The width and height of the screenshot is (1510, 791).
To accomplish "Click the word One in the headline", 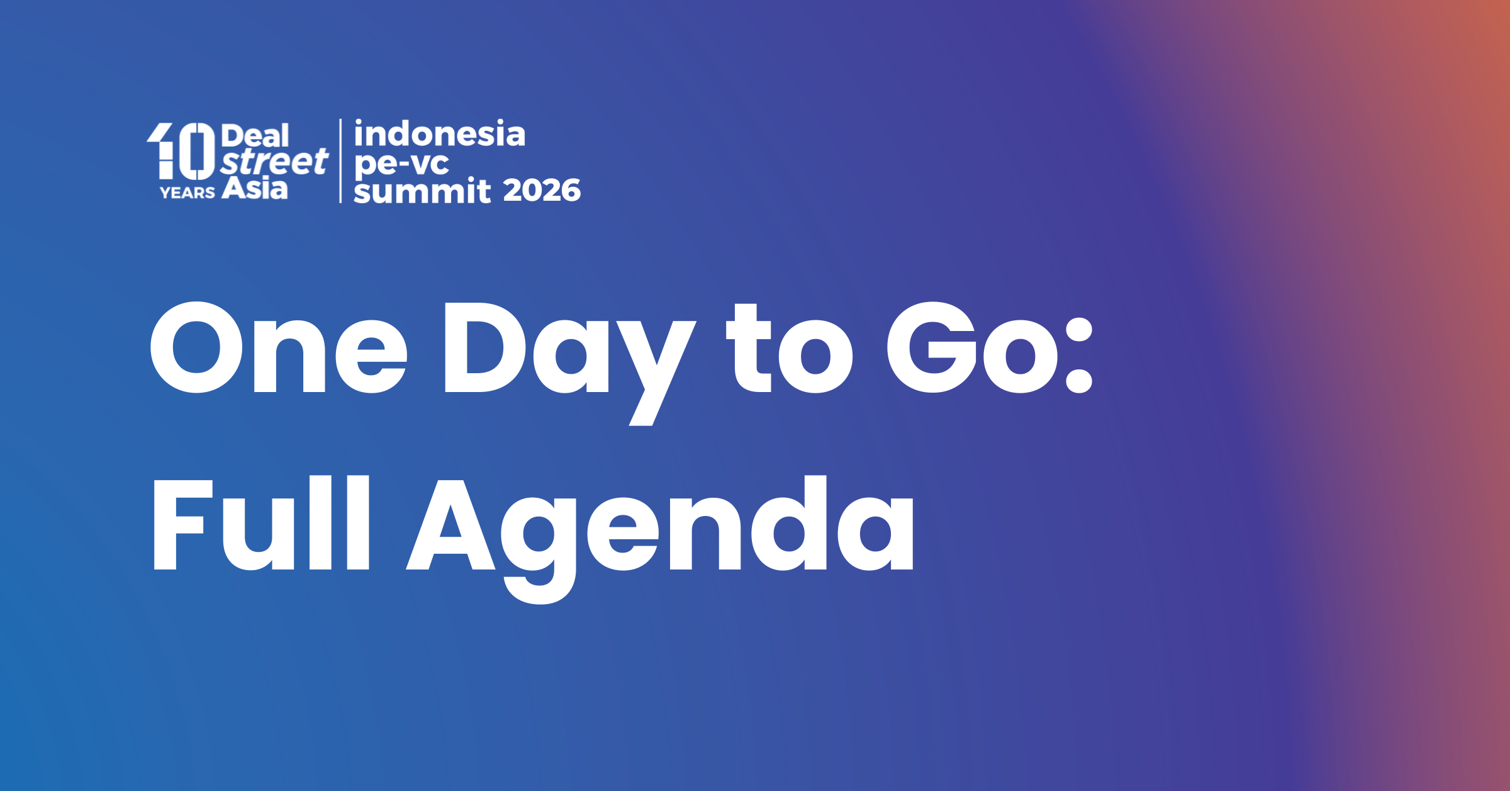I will click(x=277, y=348).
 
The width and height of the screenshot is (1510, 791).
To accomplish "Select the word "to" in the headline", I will click(x=790, y=349).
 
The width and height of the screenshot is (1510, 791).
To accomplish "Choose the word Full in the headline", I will click(x=262, y=524).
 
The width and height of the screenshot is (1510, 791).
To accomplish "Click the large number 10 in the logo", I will click(x=181, y=151).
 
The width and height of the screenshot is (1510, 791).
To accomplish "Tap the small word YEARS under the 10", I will click(x=187, y=193).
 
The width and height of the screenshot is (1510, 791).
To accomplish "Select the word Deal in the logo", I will click(x=255, y=136).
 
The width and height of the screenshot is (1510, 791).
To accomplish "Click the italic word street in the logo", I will click(x=274, y=162).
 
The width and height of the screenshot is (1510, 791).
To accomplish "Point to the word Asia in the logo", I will click(x=255, y=188).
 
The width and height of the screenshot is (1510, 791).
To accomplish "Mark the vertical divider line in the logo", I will click(x=340, y=161).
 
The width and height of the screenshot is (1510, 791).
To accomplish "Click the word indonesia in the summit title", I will click(x=439, y=134).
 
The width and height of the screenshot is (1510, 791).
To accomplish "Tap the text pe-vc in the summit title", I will click(x=401, y=164).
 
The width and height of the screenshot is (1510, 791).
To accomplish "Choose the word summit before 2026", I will click(x=422, y=191).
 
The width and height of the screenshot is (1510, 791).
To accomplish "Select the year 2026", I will click(x=542, y=191).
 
